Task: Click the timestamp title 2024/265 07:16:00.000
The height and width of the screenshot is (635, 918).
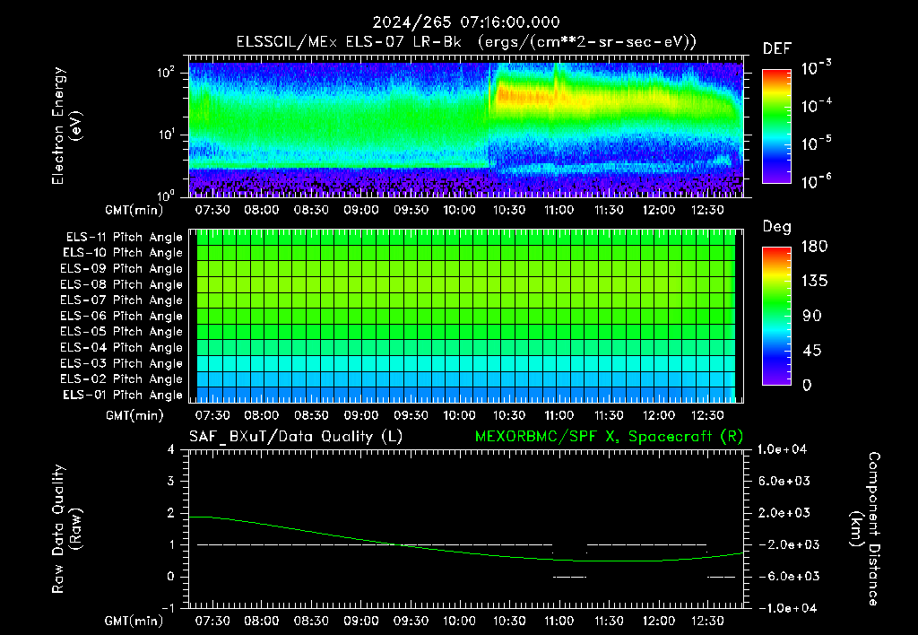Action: coord(466,22)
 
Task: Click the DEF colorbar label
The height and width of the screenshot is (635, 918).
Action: coord(777,48)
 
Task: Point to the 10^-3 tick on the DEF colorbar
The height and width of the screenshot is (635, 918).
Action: coord(816,68)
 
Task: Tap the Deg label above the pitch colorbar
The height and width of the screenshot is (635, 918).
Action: coord(777,227)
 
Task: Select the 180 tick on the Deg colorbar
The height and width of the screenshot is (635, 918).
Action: coord(814,246)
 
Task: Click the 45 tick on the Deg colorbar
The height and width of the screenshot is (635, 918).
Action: coord(811,351)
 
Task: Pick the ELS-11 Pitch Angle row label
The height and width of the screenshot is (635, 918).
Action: coord(124,238)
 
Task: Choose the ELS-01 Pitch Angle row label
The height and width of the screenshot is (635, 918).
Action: coord(122,395)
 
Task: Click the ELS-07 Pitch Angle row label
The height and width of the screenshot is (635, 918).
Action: coord(121,300)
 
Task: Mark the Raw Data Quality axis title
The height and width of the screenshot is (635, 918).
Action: coord(66,528)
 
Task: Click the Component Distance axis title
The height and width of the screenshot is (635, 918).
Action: coord(864,528)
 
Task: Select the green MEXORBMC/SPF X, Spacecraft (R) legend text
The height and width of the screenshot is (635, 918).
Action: coord(609,437)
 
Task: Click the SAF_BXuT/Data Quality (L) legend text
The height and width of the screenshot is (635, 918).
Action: coord(296,437)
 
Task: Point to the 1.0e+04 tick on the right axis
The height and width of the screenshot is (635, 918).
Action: coord(782,449)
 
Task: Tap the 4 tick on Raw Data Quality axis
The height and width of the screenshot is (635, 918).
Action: coord(171,449)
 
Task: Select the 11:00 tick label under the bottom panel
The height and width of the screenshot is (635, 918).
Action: coord(559,621)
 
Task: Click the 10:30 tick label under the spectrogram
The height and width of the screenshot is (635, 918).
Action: coord(509,210)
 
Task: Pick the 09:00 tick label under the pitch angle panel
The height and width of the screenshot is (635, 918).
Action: coord(360,415)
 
